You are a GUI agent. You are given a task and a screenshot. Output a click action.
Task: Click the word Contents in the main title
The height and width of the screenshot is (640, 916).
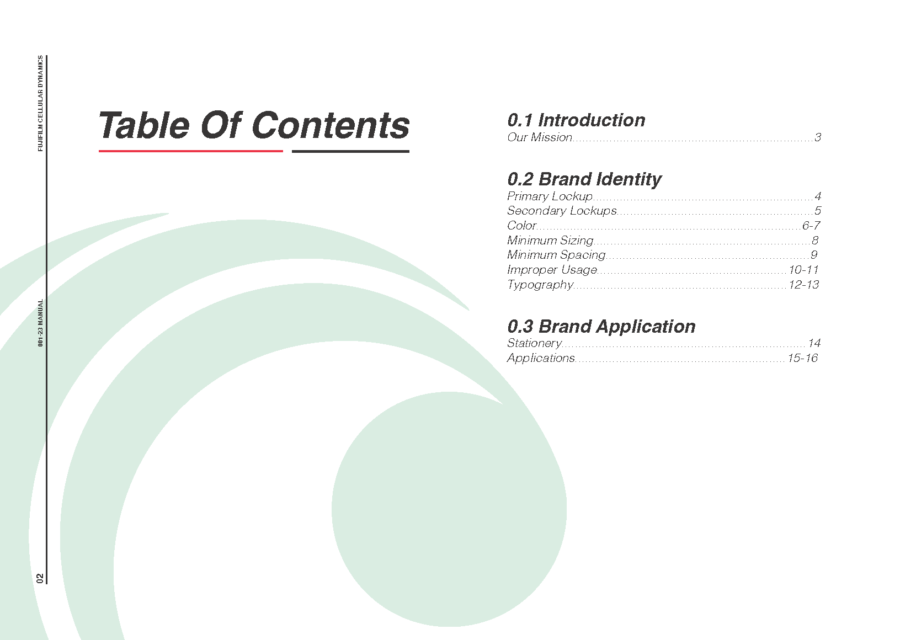331,126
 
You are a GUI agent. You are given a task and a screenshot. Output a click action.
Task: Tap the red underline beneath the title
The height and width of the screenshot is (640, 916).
190,151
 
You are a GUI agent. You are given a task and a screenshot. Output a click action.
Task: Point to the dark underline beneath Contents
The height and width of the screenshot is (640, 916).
350,151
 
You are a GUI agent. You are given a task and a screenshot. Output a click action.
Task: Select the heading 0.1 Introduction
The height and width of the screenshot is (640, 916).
576,120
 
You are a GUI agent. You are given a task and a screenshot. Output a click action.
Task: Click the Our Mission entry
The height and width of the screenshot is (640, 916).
539,137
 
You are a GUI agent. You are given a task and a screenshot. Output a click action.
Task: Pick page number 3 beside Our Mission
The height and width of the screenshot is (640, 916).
817,137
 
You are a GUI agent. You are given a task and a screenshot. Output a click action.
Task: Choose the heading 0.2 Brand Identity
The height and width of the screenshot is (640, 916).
584,179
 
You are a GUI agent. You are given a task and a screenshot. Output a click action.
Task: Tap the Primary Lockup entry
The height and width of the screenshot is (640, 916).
550,197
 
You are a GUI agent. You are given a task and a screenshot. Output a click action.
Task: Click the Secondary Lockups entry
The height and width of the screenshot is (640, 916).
562,211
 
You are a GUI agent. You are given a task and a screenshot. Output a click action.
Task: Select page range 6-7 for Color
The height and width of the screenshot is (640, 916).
811,226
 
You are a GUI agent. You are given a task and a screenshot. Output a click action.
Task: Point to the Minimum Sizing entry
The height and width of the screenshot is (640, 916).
550,241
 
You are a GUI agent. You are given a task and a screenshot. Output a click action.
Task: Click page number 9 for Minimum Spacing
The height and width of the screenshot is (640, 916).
814,255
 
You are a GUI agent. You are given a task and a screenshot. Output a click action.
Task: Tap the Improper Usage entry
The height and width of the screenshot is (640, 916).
552,270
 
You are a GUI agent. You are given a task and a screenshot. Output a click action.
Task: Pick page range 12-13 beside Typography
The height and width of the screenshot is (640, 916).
803,285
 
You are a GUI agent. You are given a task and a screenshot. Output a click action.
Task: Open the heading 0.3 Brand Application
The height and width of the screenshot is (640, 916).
601,327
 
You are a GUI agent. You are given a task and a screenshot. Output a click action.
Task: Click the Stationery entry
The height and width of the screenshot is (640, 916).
534,344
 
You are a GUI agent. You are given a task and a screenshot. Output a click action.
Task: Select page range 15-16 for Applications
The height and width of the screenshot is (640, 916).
802,358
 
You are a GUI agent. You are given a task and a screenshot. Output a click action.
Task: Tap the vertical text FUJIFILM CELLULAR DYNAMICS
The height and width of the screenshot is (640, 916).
40,104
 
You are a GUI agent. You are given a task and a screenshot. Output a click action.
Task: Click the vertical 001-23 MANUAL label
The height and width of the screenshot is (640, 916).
40,323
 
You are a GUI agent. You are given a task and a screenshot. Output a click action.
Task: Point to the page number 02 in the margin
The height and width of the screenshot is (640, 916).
40,578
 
